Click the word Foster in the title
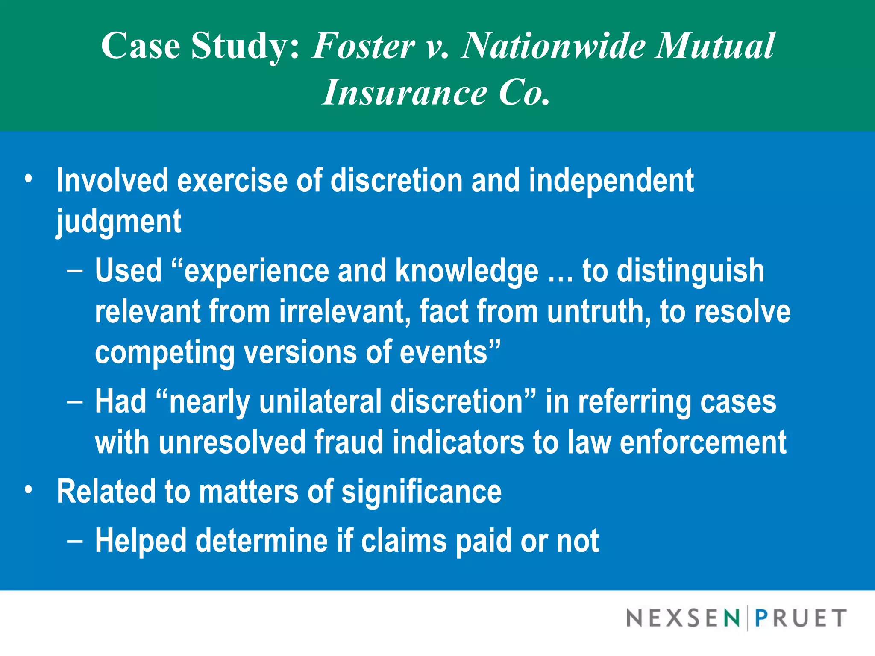coord(363,46)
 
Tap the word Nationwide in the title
coord(553,46)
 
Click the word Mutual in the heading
coord(716,46)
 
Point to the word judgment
coord(119,222)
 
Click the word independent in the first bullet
coord(611,181)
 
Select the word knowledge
coord(467,271)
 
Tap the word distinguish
coord(690,271)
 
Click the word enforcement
coord(703,442)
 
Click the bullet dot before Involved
coord(28,179)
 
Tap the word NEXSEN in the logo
coord(683,618)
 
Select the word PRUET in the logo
coord(801,618)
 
